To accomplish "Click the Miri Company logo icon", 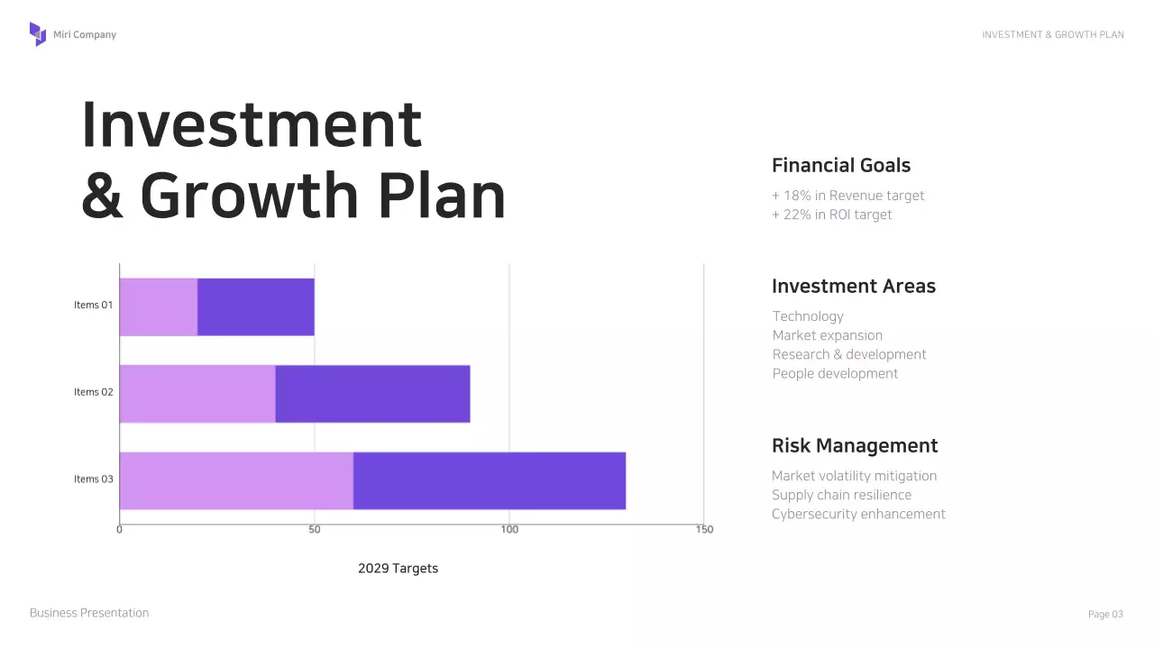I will (38, 34).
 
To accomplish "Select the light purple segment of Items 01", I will (159, 306).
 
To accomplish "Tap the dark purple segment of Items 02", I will (372, 394).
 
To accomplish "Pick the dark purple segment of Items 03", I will (489, 480).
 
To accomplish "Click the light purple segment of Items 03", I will (236, 480).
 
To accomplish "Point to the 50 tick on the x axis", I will (315, 529).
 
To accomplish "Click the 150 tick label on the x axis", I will (704, 529).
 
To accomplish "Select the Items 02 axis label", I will (94, 392).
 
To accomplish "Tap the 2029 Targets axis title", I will (398, 568).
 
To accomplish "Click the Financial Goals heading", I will (841, 165).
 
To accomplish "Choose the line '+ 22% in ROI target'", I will (832, 215).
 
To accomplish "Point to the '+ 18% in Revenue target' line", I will (848, 196).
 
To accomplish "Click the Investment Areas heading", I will (854, 286).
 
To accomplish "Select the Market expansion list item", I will (828, 335).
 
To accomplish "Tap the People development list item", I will (836, 373).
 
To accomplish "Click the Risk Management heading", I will (855, 445).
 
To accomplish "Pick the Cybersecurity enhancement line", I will (858, 514).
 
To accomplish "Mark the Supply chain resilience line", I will (841, 495).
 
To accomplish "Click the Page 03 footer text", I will (1105, 614).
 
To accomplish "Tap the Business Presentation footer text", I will (89, 613).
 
